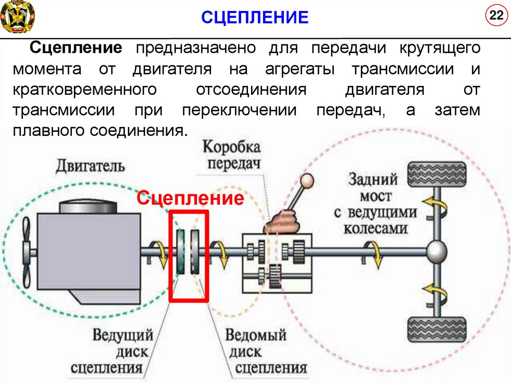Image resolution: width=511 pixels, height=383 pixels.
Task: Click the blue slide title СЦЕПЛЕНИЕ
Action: point(255,18)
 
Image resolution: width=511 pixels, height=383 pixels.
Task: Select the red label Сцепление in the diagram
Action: point(191,198)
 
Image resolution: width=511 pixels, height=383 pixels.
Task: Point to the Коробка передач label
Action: point(231,155)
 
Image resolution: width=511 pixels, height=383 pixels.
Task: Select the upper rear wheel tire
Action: point(437,173)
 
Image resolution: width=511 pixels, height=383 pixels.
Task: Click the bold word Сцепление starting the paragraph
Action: point(76,48)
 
